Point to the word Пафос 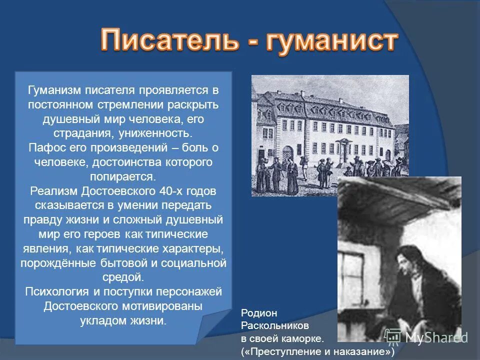click(46, 148)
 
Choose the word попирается click(123, 177)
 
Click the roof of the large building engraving click(330, 97)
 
